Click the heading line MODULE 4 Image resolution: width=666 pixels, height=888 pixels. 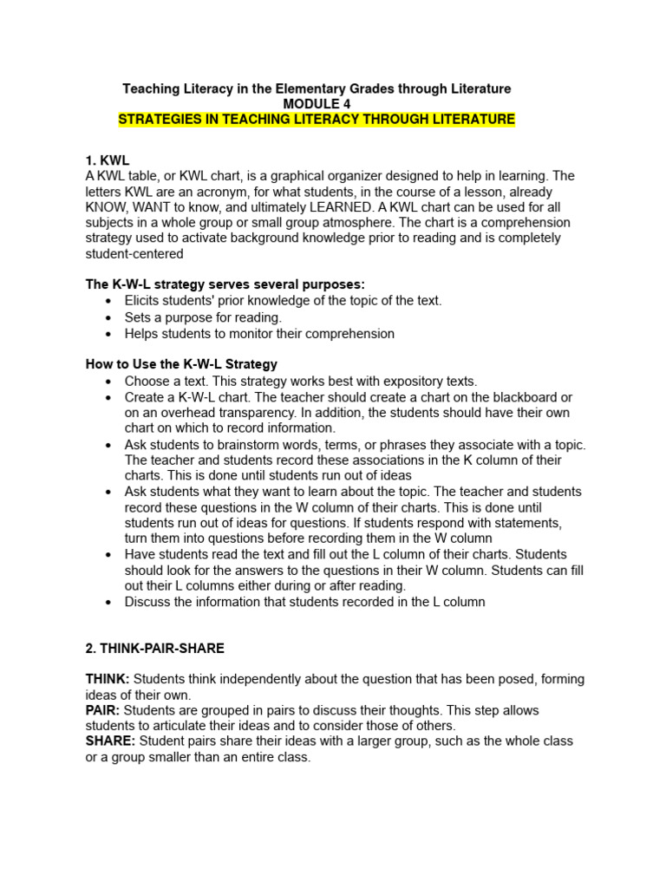coord(317,104)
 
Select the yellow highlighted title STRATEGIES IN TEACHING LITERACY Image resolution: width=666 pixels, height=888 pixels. coord(317,120)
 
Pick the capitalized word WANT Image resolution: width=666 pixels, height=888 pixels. coord(153,207)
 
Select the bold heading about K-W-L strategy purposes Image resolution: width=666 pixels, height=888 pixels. coord(225,285)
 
